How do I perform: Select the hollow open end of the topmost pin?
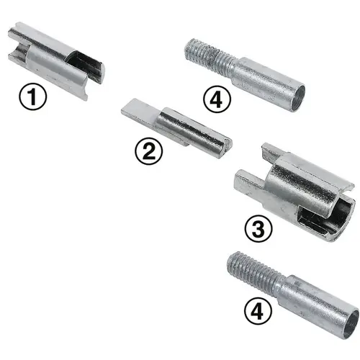point(295,93)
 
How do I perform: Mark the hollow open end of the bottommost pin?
point(347,323)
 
